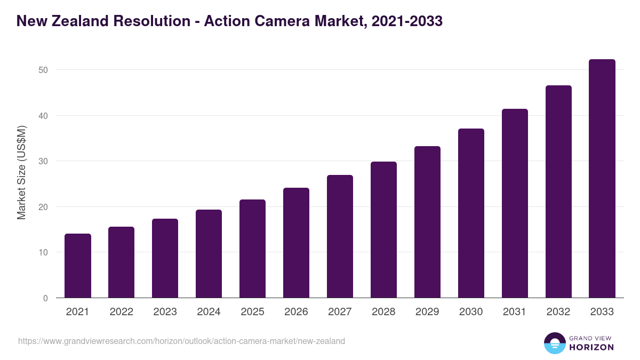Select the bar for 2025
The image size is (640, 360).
pos(253,249)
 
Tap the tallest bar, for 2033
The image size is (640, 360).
pos(602,179)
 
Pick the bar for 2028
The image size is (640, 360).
pos(384,230)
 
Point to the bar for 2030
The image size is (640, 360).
pos(471,213)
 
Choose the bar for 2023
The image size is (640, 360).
pos(165,258)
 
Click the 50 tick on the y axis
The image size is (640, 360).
pos(43,70)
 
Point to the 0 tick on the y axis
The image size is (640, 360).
pos(46,298)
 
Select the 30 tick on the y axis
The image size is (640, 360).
pos(43,161)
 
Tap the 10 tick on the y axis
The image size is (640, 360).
pos(43,252)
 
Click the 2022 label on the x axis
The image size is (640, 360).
pos(122,312)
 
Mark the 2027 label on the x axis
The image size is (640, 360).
pos(340,312)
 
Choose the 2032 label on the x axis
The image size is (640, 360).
pos(558,312)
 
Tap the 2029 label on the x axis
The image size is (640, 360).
pos(428,312)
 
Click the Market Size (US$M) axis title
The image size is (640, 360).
pos(21,172)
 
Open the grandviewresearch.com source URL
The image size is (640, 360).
pos(181,341)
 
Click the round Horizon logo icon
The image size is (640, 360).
pos(554,343)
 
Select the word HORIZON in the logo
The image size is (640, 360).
pos(591,347)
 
